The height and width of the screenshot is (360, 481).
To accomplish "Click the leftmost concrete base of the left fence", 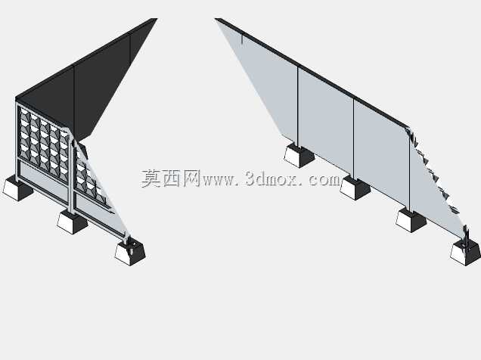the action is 18,188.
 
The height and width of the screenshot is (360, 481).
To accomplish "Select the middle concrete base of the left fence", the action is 73,222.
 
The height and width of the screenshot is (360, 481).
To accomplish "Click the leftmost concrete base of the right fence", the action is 299,157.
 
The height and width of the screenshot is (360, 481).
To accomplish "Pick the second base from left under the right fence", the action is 355,188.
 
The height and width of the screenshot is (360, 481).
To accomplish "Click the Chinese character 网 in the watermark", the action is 191,178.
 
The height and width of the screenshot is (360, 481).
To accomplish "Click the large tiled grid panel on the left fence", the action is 44,143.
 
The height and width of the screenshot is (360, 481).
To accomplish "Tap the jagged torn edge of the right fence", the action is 433,172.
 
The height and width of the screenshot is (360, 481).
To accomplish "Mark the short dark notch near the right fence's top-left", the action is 242,39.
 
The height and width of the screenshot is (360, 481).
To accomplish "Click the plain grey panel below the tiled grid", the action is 43,180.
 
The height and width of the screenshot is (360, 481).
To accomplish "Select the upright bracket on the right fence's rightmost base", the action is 466,238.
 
